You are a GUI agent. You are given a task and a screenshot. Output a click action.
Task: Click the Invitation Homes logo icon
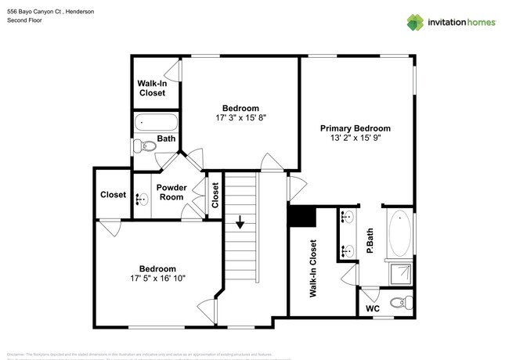point(414,22)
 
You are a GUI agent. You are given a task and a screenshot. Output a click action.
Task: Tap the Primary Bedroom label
point(356,128)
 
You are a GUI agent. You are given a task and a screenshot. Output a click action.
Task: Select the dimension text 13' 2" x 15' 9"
point(356,139)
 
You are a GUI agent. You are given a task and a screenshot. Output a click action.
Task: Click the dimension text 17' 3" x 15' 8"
point(240,118)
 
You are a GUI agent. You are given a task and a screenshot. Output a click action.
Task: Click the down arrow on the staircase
point(240,223)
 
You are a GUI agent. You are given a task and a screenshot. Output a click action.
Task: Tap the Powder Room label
point(170,192)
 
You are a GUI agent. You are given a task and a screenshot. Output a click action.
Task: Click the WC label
point(374,308)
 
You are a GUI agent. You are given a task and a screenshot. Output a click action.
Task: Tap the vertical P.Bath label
point(370,239)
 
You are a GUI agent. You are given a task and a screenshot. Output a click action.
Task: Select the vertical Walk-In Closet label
point(312,268)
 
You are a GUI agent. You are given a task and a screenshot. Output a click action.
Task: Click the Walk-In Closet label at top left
point(151,88)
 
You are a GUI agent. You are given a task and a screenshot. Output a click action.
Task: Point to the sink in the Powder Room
point(141,199)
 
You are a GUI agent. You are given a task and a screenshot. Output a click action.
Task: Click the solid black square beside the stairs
point(301,216)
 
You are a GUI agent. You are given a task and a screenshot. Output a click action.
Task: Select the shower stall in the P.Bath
point(399,275)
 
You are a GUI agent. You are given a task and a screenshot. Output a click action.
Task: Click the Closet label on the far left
point(113,195)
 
